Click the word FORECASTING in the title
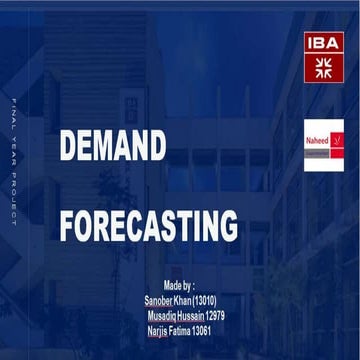pyautogui.click(x=148, y=225)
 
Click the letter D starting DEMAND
pyautogui.click(x=69, y=146)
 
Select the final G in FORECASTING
pyautogui.click(x=229, y=225)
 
